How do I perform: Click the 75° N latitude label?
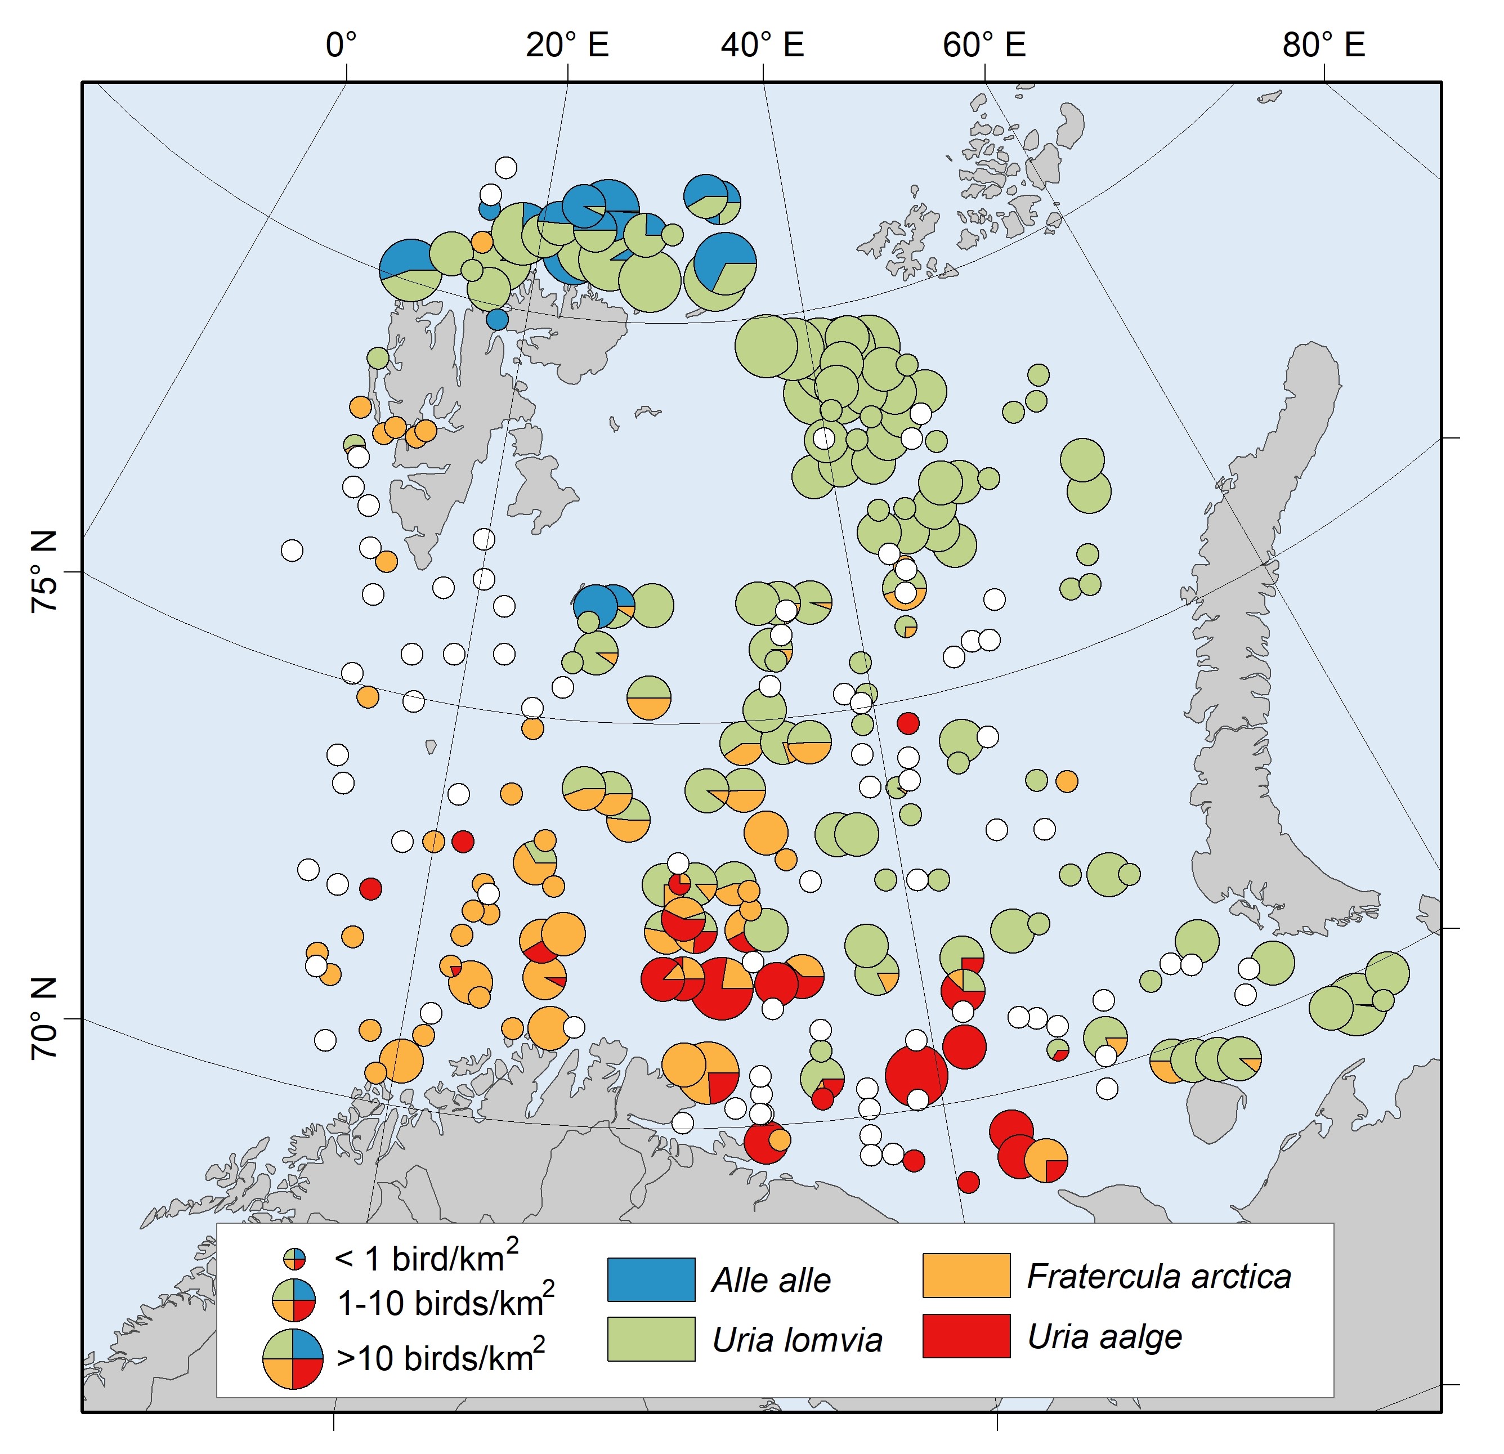44,571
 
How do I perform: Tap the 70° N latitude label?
44,1018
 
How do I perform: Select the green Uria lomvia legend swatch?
651,1339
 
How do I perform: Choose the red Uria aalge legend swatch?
966,1336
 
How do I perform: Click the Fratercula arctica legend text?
1159,1276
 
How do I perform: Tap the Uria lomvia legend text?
797,1340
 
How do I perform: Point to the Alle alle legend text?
771,1280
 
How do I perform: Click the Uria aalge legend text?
1104,1336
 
